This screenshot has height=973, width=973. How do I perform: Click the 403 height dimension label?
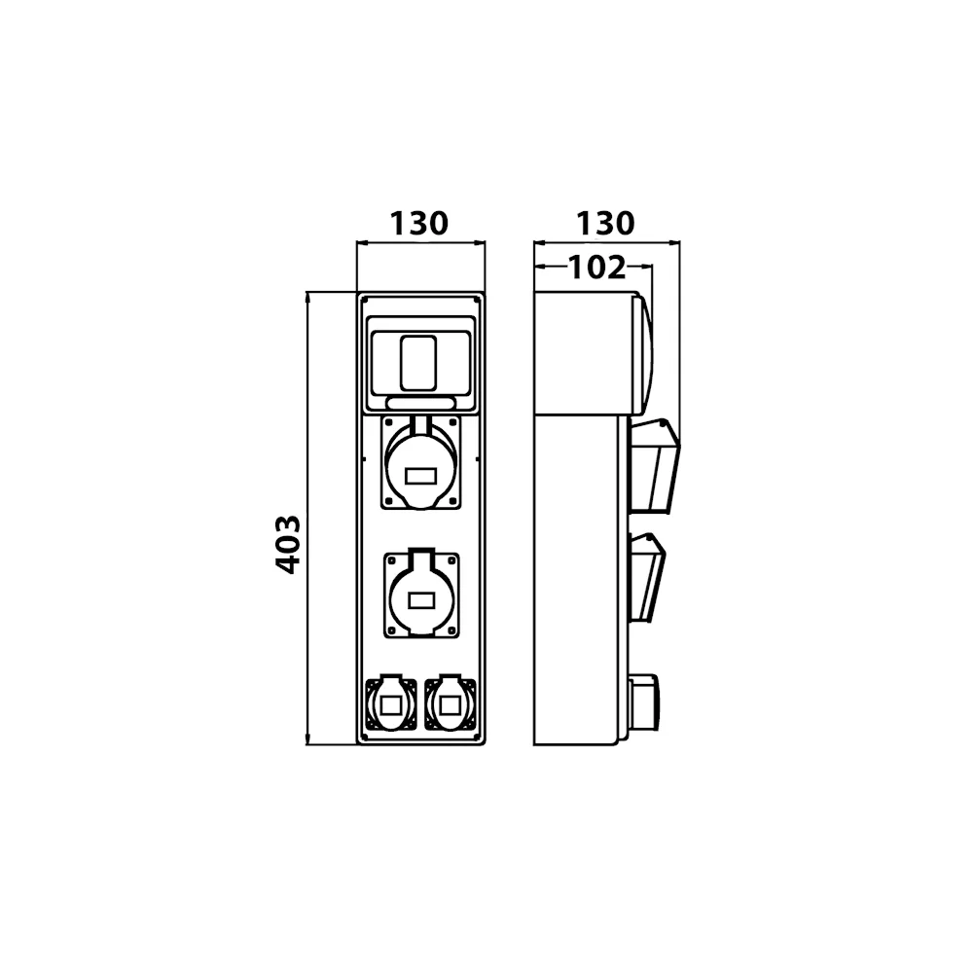[x=288, y=544]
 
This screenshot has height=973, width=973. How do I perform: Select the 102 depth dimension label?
[x=597, y=268]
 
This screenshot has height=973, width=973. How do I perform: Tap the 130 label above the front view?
[x=418, y=223]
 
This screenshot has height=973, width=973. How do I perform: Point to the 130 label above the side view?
[x=605, y=223]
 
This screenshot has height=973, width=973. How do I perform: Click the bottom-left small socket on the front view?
[x=391, y=704]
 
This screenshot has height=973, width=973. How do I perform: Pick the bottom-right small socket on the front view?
[x=450, y=704]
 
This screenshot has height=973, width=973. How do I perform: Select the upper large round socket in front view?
[x=420, y=462]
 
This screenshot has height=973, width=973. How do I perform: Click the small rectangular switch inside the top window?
[x=418, y=364]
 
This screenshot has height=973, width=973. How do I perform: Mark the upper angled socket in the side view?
[x=655, y=465]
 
